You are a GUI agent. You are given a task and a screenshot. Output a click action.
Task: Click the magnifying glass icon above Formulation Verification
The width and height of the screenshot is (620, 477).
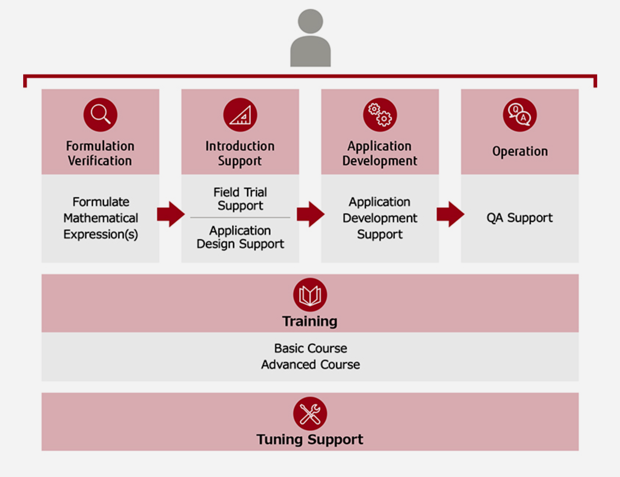(x=100, y=114)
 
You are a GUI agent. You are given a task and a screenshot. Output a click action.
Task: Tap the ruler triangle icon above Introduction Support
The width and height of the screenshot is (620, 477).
(x=240, y=114)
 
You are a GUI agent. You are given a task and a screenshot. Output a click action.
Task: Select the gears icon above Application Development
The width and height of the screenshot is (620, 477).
(x=380, y=114)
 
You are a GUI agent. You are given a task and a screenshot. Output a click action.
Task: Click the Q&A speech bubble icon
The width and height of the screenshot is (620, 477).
(x=520, y=114)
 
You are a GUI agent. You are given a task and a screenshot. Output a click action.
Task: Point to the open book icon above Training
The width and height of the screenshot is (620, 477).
(x=310, y=295)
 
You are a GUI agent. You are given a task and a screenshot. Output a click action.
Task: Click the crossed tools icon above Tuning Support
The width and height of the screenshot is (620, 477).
(x=310, y=413)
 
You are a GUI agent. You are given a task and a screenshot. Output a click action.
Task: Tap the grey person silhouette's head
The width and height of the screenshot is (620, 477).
(x=310, y=21)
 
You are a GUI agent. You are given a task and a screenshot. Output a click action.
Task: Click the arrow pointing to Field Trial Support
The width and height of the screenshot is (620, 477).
(x=170, y=214)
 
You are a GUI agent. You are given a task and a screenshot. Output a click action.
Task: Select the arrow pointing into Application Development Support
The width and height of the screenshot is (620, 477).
(x=310, y=214)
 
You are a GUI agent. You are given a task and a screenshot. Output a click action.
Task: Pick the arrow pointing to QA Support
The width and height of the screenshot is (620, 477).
(x=450, y=214)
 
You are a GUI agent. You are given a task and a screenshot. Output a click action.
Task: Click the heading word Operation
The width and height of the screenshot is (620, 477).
(x=520, y=151)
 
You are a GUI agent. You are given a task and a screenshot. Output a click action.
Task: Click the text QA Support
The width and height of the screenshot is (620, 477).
(x=520, y=218)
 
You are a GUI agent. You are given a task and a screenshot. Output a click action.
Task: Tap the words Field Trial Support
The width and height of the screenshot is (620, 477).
(x=240, y=199)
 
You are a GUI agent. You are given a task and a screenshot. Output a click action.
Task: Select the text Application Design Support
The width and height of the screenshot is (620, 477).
(x=240, y=237)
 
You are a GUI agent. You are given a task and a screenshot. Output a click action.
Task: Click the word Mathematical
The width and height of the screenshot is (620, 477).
(x=100, y=218)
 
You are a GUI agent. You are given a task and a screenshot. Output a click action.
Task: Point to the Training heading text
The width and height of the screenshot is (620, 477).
(x=310, y=321)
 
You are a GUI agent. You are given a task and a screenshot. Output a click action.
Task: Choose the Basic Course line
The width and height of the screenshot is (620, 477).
(x=311, y=348)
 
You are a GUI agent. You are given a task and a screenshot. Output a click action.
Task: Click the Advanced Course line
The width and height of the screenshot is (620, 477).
(x=311, y=364)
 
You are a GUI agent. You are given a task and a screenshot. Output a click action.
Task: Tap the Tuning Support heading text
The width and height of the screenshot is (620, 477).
(x=310, y=439)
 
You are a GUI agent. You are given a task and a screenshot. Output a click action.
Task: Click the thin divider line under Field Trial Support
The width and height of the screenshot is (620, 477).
(x=240, y=218)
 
